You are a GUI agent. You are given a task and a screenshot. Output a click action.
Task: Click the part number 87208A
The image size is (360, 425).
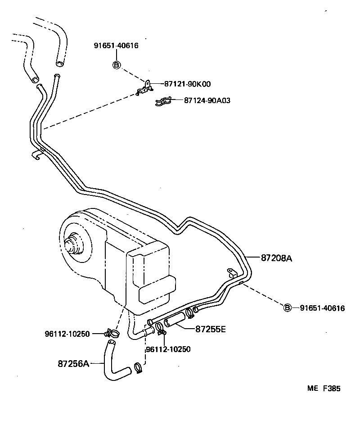click(x=276, y=258)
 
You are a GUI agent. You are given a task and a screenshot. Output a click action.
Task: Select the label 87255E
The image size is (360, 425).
click(x=210, y=329)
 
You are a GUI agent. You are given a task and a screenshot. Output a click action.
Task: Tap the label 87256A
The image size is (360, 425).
click(x=73, y=363)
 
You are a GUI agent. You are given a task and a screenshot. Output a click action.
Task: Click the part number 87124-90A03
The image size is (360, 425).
click(x=207, y=100)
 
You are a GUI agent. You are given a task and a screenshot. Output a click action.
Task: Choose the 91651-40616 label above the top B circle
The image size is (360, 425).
click(x=116, y=45)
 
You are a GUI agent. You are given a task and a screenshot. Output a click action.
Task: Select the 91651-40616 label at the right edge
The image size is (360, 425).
click(x=322, y=308)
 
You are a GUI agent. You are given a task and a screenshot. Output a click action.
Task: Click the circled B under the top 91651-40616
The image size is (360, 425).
click(x=116, y=65)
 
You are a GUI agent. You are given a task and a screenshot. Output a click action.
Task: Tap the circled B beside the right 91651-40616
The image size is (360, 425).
click(x=288, y=308)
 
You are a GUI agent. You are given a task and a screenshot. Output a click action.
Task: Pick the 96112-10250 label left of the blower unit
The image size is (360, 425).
click(x=67, y=334)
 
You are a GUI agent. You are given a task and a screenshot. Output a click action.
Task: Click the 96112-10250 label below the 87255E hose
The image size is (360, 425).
click(x=168, y=349)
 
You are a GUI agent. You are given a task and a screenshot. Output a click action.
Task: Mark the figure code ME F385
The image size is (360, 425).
click(x=324, y=389)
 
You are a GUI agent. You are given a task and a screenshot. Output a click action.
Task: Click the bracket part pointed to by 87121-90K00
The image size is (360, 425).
click(x=144, y=89)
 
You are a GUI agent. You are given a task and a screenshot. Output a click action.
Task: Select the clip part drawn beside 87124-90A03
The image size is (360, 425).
click(x=162, y=102)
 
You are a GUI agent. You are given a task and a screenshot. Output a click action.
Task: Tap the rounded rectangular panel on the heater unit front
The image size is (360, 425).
click(x=157, y=289)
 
